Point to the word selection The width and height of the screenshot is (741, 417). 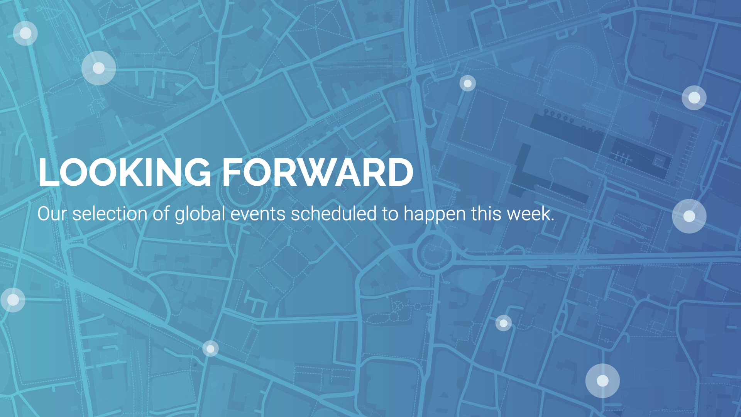(x=110, y=214)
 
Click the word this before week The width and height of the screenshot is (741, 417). (x=486, y=214)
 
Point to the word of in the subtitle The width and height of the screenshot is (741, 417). (x=161, y=214)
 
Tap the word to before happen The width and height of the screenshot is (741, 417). (x=390, y=215)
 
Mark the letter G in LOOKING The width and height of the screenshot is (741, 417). (x=196, y=172)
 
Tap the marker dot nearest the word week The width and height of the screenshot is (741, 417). (x=689, y=216)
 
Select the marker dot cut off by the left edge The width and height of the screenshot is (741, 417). (x=13, y=300)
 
